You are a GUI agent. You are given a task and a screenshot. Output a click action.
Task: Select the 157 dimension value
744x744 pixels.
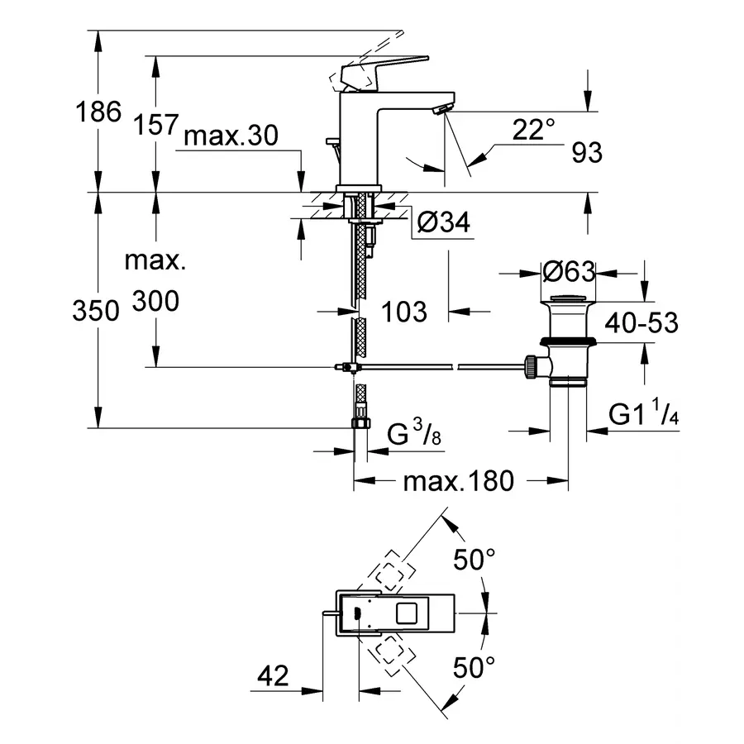click(x=155, y=124)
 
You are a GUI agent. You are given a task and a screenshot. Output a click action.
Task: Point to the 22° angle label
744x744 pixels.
click(x=533, y=129)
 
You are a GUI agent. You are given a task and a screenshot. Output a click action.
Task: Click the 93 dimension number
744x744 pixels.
click(x=585, y=152)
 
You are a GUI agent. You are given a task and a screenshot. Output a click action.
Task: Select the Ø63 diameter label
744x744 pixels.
click(x=570, y=271)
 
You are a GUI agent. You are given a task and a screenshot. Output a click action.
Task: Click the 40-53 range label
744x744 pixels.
click(x=641, y=322)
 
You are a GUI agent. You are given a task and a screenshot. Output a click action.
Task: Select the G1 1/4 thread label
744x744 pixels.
click(x=645, y=415)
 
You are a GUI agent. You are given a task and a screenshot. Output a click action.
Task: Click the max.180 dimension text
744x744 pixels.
click(x=458, y=480)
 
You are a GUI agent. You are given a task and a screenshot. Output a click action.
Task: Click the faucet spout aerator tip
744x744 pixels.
click(x=444, y=109)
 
